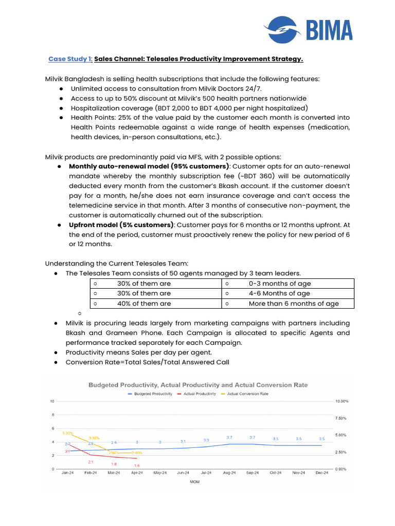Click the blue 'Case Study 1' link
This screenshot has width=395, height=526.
click(70, 59)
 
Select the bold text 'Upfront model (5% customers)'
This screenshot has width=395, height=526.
click(121, 225)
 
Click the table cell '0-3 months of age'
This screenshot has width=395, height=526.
click(280, 284)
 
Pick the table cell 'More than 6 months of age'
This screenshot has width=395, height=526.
click(294, 304)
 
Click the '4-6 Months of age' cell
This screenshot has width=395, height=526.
click(279, 293)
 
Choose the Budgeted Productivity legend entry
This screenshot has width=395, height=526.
click(150, 394)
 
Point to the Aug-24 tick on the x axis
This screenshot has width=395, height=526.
click(230, 473)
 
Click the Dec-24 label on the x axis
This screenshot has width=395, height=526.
click(321, 473)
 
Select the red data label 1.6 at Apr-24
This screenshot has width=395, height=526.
click(137, 465)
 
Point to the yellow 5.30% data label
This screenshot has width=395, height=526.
click(67, 433)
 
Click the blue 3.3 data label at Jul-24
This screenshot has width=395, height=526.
click(206, 440)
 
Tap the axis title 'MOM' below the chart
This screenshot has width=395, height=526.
click(194, 482)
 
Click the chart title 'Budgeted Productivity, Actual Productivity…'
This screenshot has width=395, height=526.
click(198, 385)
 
